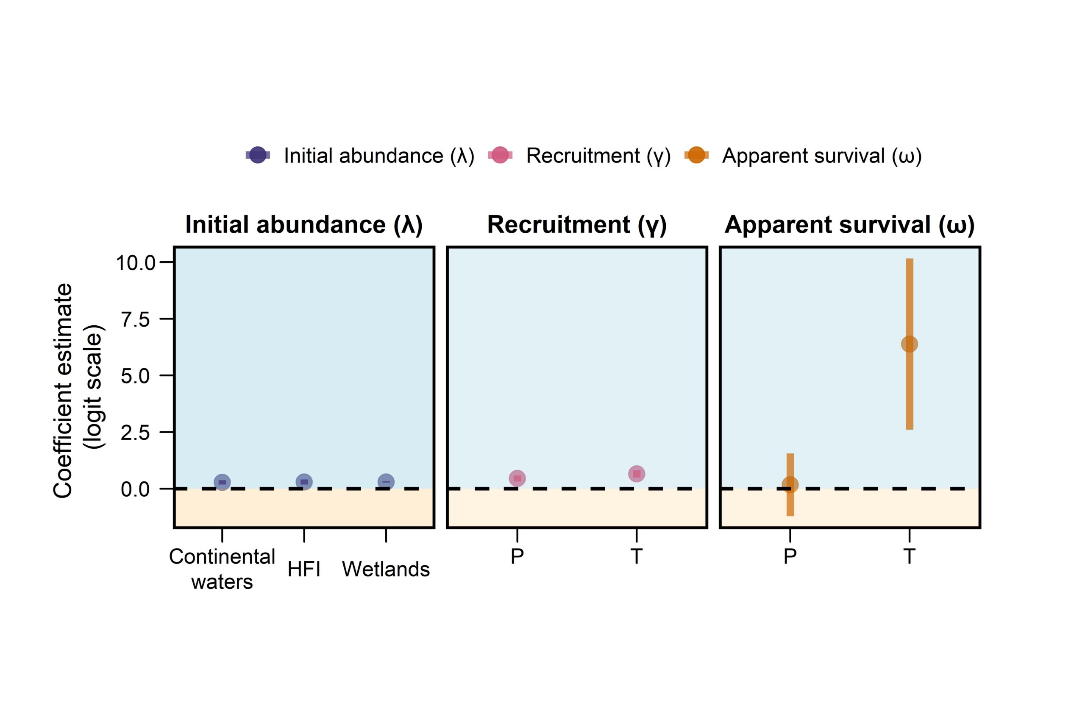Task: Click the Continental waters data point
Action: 223,482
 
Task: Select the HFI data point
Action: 304,481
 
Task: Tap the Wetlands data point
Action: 386,481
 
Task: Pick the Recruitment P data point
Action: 517,478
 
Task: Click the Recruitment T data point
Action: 637,474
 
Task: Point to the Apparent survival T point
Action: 909,344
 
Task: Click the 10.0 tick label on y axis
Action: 136,263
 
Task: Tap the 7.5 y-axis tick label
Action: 136,319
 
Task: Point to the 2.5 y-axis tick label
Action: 136,433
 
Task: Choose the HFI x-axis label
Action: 304,569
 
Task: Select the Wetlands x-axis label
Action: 386,569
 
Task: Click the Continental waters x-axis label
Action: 223,569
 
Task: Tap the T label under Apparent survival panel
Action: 909,556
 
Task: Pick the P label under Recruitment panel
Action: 517,556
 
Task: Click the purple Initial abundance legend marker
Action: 258,155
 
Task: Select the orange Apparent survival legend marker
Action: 696,155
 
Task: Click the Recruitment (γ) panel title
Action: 577,225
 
